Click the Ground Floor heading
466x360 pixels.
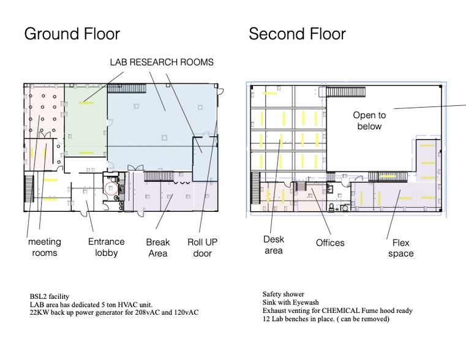[72, 34]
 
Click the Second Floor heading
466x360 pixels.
[297, 34]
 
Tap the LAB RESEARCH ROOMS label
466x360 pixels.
[162, 62]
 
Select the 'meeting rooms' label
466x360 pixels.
[45, 247]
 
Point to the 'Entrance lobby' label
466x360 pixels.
[106, 247]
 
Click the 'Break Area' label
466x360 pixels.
[158, 248]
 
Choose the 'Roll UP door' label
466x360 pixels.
[203, 248]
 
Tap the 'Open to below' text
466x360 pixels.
[369, 121]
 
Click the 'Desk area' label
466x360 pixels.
[274, 245]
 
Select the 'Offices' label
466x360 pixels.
[330, 242]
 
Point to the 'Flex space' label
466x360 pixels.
[401, 248]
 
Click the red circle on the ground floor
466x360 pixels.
[111, 189]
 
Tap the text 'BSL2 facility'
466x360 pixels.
[50, 296]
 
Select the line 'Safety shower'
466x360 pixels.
[284, 294]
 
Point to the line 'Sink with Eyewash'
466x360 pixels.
[291, 302]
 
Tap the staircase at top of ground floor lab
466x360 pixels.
[127, 88]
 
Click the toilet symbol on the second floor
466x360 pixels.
[332, 207]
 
